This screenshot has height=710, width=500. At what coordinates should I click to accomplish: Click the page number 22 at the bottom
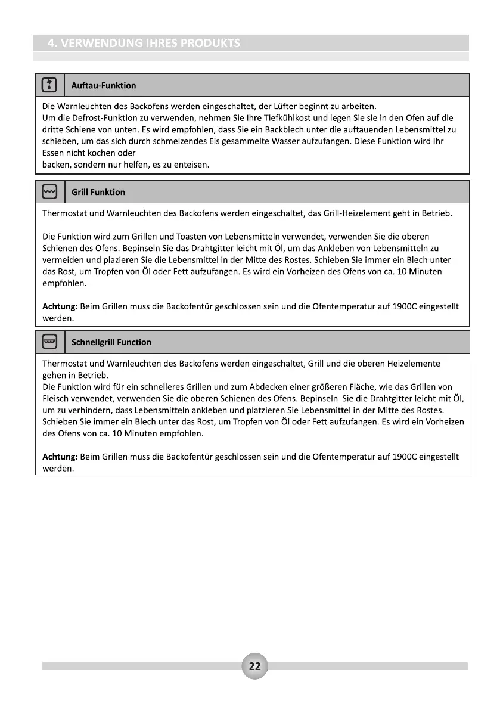point(254,666)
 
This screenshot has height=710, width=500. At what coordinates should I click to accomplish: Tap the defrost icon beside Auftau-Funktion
point(49,85)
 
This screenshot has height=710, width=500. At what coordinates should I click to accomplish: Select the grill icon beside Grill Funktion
point(49,192)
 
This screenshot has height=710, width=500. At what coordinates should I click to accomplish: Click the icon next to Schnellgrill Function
point(49,342)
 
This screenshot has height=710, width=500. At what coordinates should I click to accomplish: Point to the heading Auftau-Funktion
point(104,86)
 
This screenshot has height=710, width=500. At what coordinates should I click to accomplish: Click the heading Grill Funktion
point(98,192)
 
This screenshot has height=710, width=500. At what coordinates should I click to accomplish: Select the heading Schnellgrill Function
point(111,342)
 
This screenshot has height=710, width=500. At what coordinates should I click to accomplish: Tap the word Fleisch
point(57,398)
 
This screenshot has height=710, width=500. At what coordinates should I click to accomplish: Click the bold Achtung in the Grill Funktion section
point(60,306)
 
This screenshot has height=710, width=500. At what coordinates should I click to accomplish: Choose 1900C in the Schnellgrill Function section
point(406,457)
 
